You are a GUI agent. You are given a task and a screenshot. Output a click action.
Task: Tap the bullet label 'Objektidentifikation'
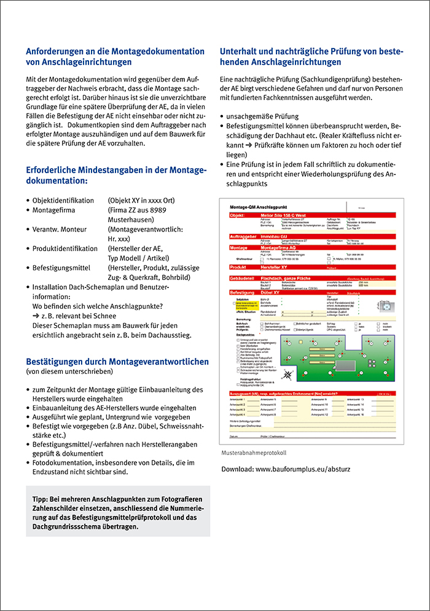[63, 201]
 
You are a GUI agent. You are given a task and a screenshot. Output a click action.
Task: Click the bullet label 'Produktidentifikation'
[65, 249]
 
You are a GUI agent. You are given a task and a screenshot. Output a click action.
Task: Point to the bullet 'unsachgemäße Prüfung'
[262, 116]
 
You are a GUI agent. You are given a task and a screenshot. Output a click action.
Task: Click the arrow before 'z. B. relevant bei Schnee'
[36, 315]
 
